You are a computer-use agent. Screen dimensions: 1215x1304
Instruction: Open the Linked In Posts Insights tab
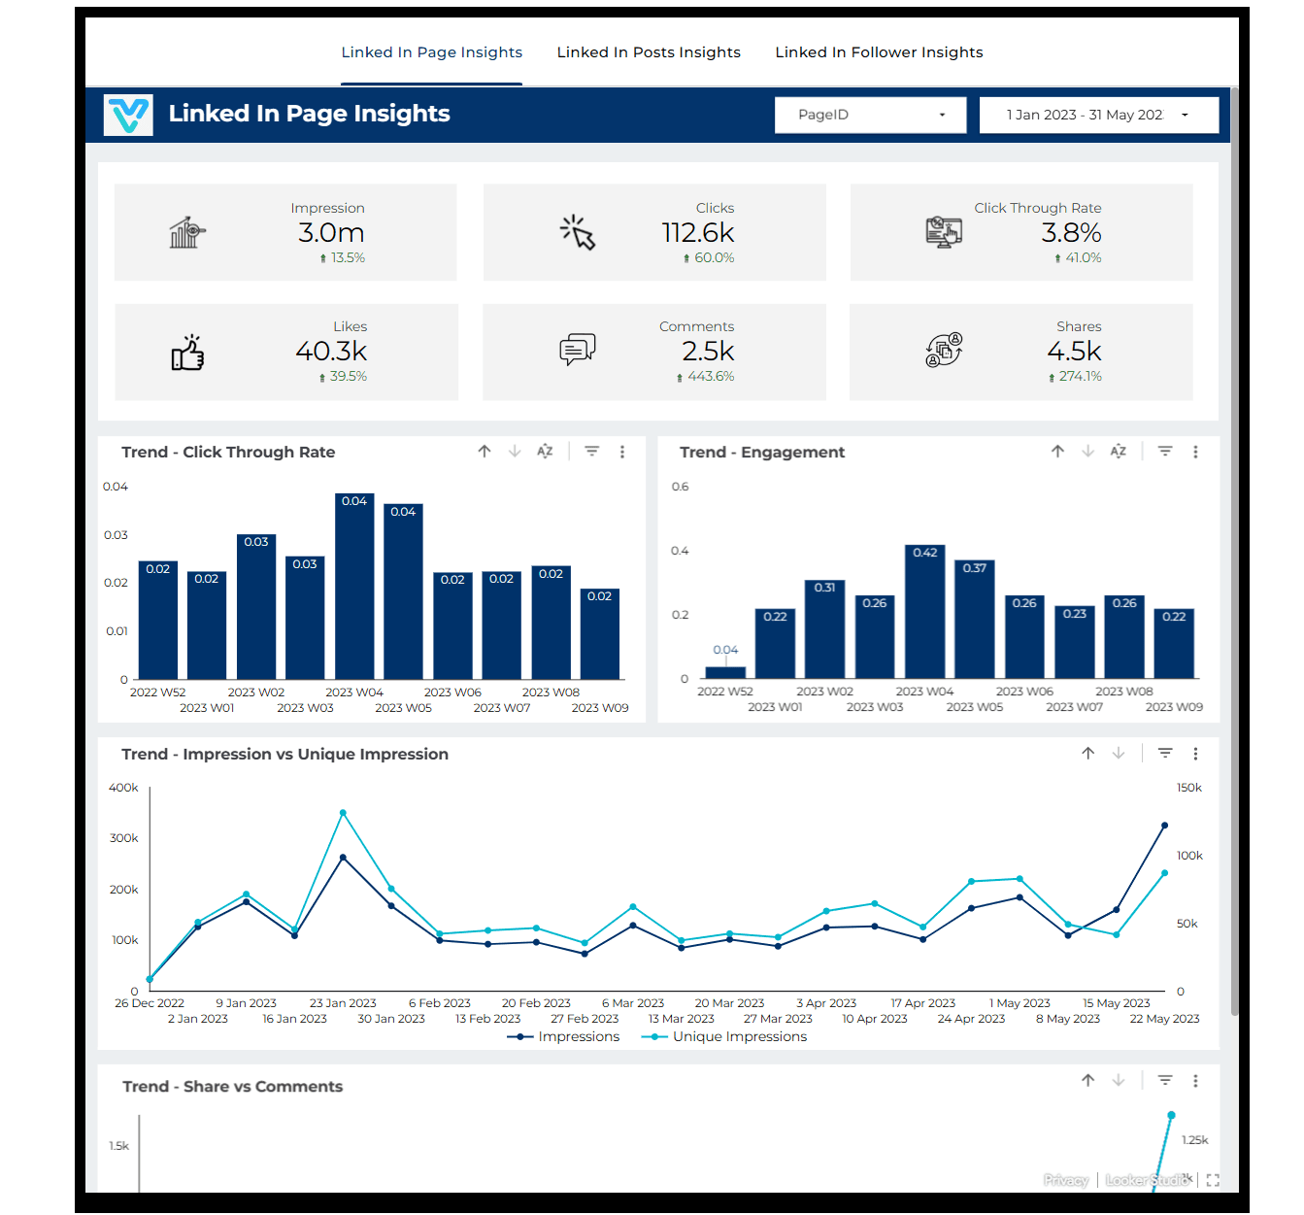pos(648,52)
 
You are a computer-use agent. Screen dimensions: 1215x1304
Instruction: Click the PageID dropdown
pos(870,115)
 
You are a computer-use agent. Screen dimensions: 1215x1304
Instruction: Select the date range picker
pos(1098,115)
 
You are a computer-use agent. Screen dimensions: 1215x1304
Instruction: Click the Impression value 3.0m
pos(331,233)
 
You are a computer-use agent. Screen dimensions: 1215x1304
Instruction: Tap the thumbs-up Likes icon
pos(187,354)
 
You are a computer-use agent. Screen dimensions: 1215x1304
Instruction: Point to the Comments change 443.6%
pos(710,377)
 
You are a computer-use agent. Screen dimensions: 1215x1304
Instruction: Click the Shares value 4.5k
pos(1074,352)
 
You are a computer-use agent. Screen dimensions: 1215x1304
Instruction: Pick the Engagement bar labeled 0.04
pos(725,671)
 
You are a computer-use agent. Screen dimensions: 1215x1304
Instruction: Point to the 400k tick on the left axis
pos(123,788)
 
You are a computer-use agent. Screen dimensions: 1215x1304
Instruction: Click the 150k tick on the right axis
pos(1189,788)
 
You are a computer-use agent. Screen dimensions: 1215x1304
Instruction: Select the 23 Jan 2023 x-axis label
pos(343,1003)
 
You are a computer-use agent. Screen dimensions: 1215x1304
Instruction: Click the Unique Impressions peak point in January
pos(343,813)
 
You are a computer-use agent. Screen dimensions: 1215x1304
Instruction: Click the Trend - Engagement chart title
pos(761,453)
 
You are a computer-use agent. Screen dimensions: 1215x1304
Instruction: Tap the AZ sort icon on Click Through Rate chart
pos(545,452)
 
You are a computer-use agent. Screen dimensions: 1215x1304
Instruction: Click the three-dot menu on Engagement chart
pos(1195,452)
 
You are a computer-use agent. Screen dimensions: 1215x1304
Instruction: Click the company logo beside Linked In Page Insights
pos(129,115)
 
